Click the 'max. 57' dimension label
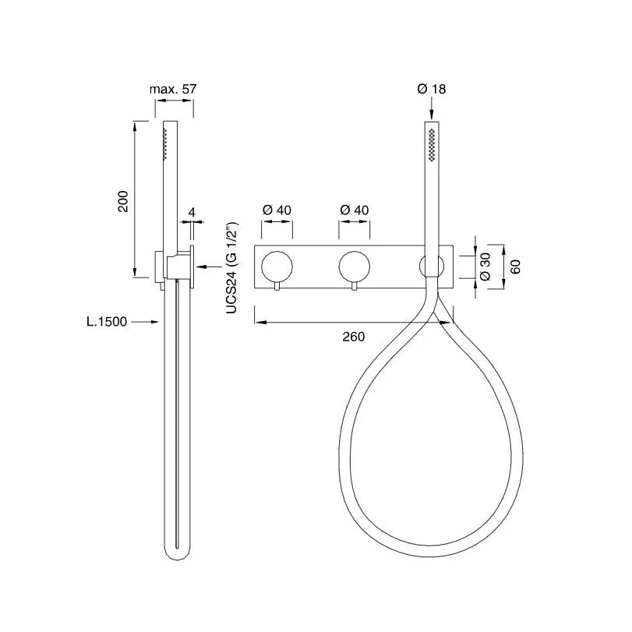click(173, 89)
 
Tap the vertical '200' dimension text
click(122, 201)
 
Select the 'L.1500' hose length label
click(107, 322)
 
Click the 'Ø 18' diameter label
click(432, 89)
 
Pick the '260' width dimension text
click(354, 337)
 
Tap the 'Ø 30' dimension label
click(485, 267)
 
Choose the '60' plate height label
click(516, 267)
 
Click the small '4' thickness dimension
click(192, 212)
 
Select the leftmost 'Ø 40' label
click(277, 210)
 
